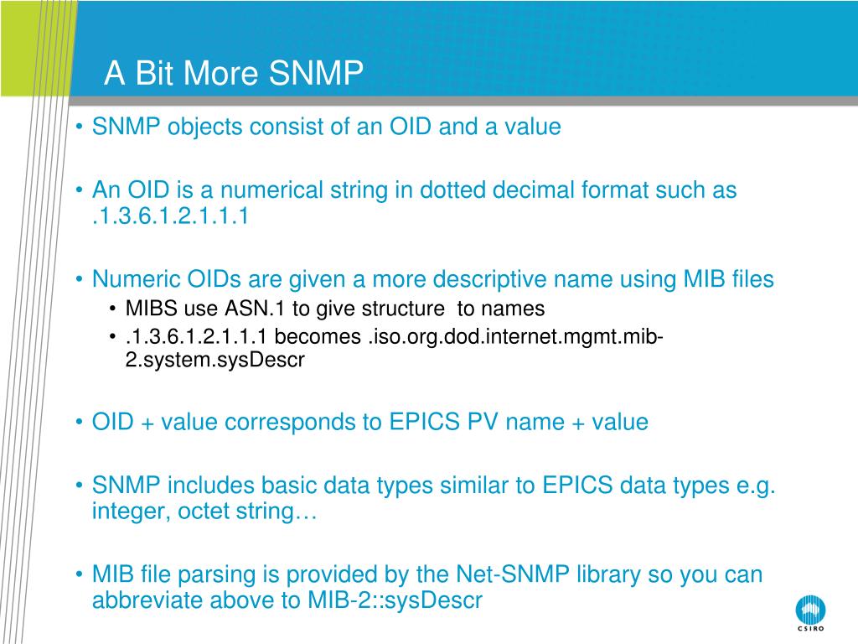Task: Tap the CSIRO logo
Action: (810, 613)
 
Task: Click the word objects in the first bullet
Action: (204, 127)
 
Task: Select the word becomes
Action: (318, 336)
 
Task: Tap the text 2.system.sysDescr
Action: (215, 361)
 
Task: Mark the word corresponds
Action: (290, 423)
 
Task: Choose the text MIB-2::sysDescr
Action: (395, 600)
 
